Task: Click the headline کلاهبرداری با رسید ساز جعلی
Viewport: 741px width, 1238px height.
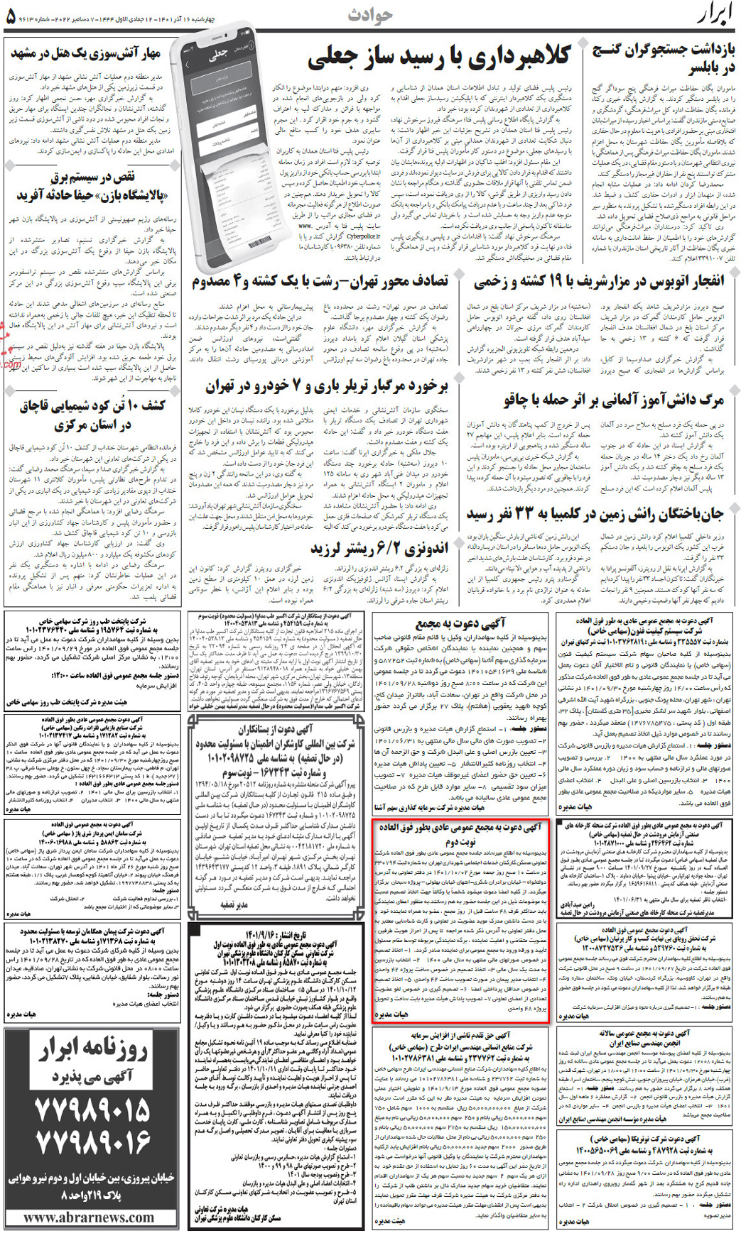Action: [x=438, y=58]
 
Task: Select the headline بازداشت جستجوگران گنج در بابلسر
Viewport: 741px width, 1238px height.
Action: [x=664, y=59]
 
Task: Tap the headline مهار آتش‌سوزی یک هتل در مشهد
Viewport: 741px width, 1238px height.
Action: [x=85, y=53]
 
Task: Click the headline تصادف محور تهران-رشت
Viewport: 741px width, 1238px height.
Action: [x=320, y=282]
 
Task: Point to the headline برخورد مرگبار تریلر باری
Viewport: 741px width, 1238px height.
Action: [x=327, y=387]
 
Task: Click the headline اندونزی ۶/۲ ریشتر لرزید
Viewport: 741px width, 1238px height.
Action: [x=379, y=549]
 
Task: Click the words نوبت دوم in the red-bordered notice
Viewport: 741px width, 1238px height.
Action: [x=460, y=841]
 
